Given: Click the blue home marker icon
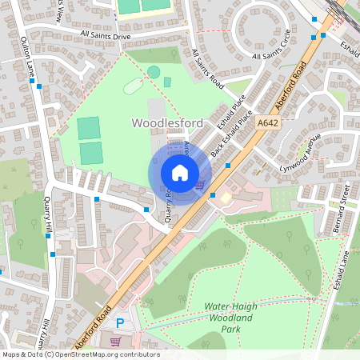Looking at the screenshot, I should [x=180, y=173].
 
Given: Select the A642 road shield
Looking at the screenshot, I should [x=268, y=123].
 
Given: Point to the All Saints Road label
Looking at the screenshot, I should [x=206, y=67].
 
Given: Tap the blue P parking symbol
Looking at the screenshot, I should [x=120, y=323].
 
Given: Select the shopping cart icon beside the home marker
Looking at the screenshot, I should [x=199, y=185].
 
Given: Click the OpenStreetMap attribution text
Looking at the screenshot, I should [x=81, y=354].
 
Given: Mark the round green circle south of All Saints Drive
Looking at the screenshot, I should [x=154, y=73].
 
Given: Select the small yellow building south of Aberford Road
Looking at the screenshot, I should [x=226, y=196].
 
